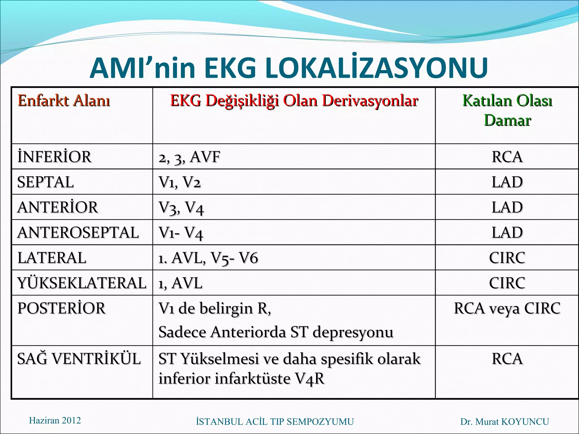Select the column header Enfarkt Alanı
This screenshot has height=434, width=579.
(64, 101)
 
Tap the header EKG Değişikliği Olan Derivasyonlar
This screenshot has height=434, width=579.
(294, 101)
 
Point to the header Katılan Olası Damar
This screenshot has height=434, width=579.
(507, 110)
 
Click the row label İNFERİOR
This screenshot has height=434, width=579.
(54, 157)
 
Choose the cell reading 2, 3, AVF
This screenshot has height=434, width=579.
(189, 157)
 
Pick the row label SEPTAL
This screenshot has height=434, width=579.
(46, 182)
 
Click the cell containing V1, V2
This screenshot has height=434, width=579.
(180, 182)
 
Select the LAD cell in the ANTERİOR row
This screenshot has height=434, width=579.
(507, 207)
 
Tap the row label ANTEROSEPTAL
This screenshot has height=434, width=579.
(78, 233)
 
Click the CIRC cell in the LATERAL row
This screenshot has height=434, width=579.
(507, 258)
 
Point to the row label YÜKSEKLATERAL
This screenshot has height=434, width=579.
(82, 283)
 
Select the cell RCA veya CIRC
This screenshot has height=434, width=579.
(507, 308)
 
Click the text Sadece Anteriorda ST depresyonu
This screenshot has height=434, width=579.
(276, 332)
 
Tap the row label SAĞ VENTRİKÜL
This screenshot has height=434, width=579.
(79, 359)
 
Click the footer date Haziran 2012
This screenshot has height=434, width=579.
(55, 420)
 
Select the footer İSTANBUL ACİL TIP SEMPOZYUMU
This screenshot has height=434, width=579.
(275, 422)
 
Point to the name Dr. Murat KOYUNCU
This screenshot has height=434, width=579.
(505, 422)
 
